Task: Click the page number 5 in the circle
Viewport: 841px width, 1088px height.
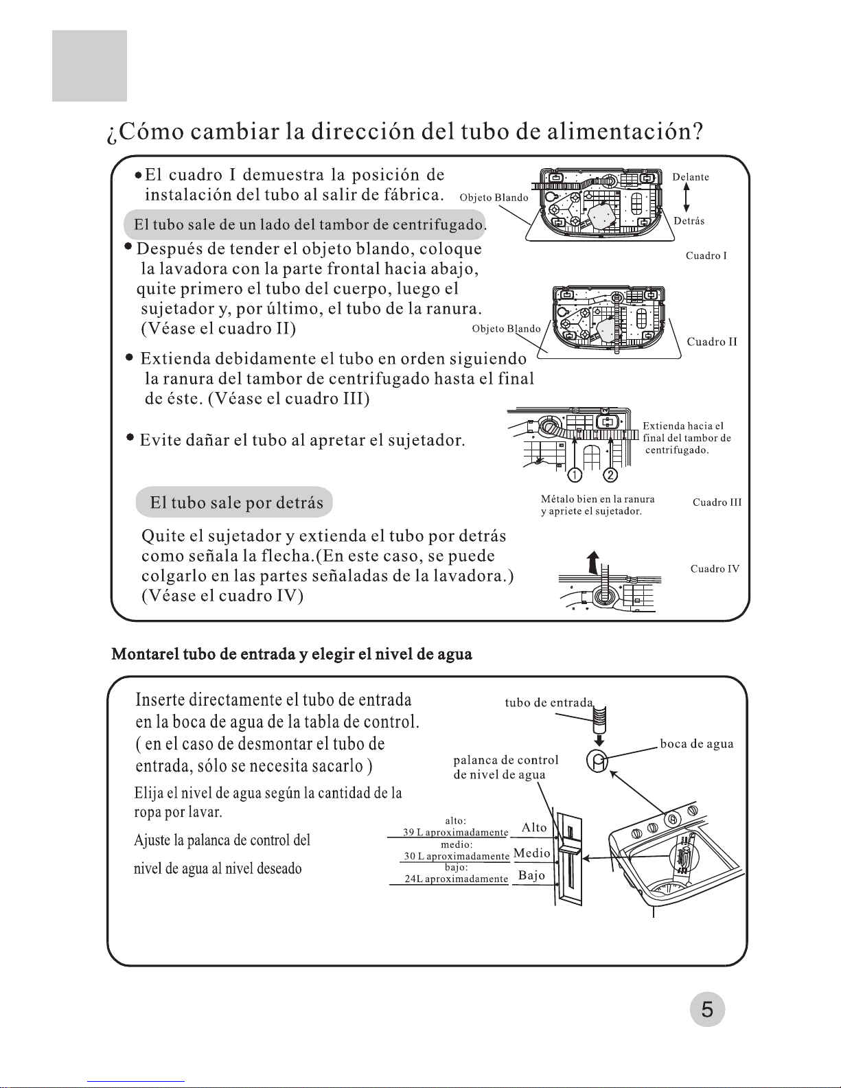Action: [707, 1009]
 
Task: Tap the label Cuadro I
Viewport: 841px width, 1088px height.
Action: [706, 255]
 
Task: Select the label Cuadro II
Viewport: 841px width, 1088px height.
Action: [712, 341]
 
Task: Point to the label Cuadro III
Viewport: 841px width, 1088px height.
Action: [717, 502]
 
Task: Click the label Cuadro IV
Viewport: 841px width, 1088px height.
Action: [715, 569]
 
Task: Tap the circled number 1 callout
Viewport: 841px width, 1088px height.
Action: [575, 474]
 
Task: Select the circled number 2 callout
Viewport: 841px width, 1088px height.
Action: [610, 474]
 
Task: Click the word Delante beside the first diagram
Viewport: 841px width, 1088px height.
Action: [691, 176]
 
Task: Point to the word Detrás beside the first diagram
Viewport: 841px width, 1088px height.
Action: [689, 221]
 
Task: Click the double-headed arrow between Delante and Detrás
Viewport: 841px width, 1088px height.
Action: [687, 197]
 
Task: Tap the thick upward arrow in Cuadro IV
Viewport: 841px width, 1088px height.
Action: [594, 563]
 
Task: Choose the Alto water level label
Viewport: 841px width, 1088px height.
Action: [534, 827]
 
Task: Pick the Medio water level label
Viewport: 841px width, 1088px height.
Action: [531, 853]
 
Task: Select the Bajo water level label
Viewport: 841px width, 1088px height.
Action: [531, 875]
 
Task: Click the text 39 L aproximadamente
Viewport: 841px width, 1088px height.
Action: [456, 832]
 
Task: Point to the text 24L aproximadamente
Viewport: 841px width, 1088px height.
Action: [456, 879]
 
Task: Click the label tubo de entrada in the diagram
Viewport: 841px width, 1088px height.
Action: [549, 702]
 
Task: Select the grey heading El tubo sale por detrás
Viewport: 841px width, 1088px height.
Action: [234, 502]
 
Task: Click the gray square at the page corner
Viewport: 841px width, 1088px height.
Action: [90, 66]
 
